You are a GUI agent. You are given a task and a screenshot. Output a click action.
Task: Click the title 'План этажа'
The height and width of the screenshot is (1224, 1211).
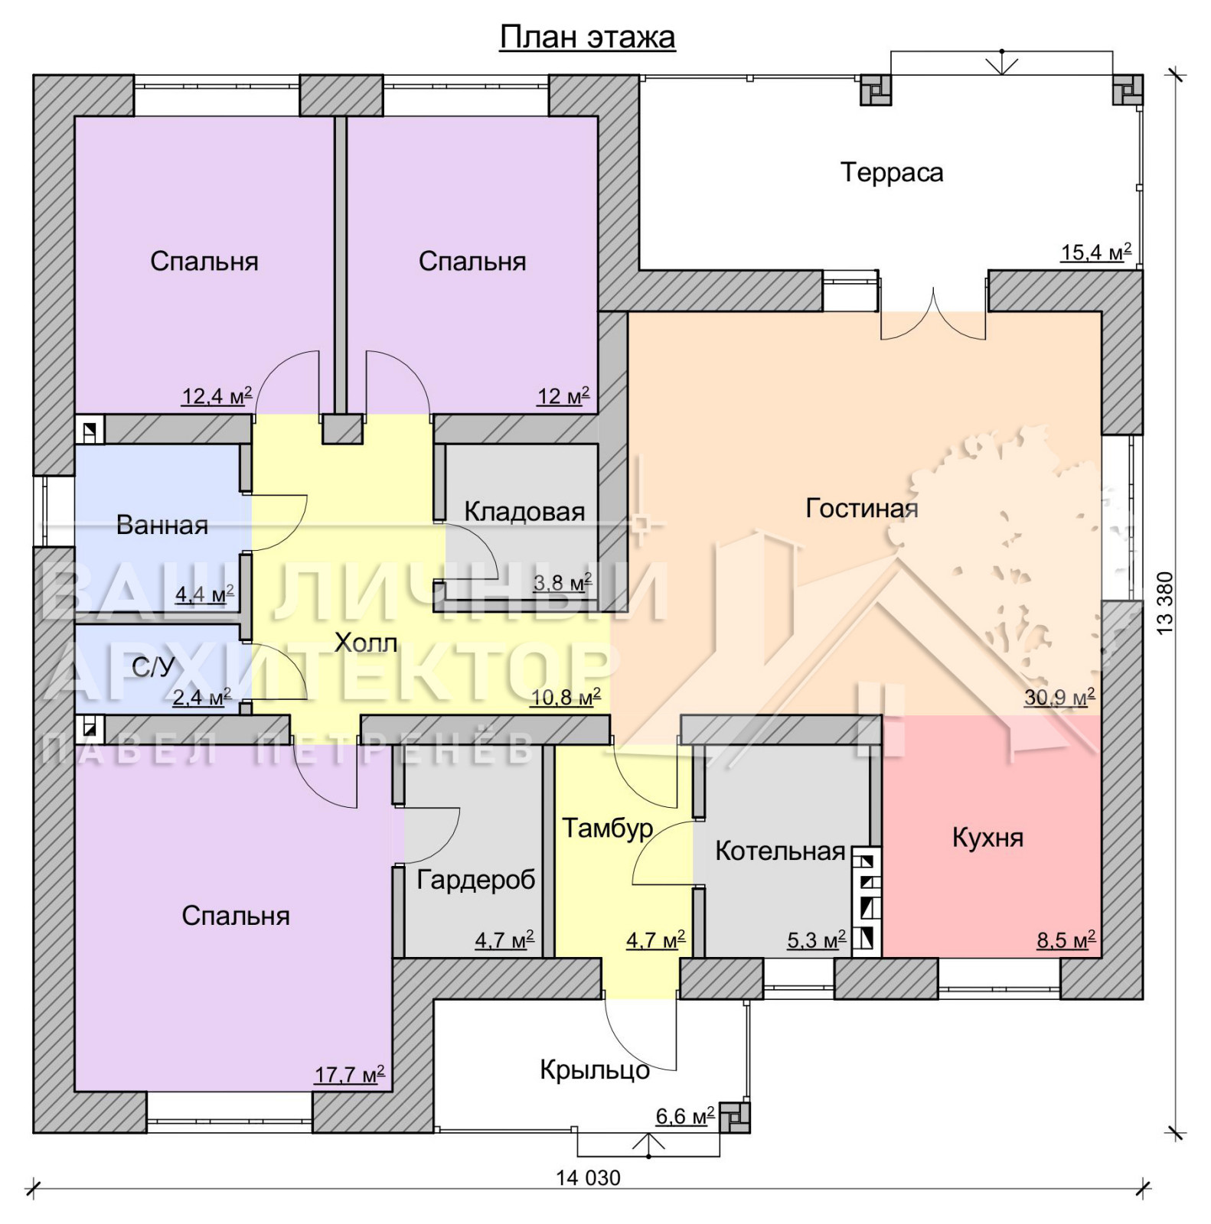tap(587, 37)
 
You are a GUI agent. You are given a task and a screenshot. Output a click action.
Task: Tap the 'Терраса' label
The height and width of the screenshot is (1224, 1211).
tap(892, 172)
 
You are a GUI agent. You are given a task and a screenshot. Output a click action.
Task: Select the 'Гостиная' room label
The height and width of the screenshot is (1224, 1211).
tap(862, 508)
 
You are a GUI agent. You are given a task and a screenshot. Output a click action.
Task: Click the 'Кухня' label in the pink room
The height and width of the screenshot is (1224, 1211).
tap(987, 838)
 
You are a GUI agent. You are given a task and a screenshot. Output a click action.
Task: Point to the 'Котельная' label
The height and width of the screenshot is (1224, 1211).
tap(780, 851)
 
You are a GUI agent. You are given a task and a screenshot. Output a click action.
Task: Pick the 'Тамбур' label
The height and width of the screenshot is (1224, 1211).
tap(608, 828)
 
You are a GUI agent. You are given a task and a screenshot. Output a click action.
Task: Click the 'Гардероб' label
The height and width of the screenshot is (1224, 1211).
tap(476, 881)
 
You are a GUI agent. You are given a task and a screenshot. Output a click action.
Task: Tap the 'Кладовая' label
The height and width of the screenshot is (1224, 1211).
tap(524, 511)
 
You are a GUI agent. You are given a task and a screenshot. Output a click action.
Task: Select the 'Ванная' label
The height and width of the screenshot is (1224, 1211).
tap(162, 525)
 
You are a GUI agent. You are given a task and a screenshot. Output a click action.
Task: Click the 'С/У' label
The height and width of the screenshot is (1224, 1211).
tap(153, 667)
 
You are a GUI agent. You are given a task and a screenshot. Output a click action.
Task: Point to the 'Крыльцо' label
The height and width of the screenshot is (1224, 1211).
tap(595, 1069)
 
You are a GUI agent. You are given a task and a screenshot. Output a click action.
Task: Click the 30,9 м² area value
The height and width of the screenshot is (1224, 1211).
tap(1059, 697)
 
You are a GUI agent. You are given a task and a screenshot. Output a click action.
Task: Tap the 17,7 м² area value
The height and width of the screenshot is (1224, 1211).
tap(349, 1075)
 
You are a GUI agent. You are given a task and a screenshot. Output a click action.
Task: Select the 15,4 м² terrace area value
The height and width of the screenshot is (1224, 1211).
tap(1095, 252)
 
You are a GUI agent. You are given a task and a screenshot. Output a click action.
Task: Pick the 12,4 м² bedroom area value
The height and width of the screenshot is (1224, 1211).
tap(217, 396)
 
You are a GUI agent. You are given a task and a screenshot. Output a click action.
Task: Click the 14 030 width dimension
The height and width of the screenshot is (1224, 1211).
tap(588, 1178)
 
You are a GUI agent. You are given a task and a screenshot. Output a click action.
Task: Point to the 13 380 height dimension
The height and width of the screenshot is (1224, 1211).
tap(1165, 602)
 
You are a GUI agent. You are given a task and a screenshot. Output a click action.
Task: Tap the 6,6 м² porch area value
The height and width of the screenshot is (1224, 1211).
tap(685, 1116)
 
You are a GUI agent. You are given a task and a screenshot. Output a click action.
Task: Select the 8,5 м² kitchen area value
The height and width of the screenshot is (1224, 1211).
tap(1066, 939)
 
